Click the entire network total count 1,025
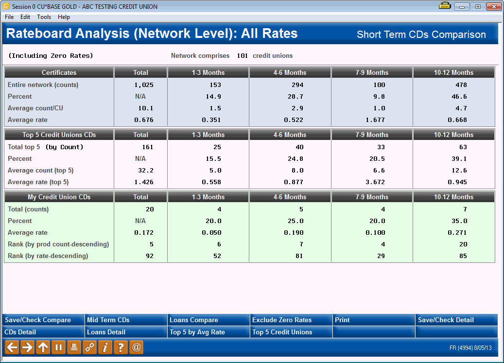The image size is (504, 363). (144, 85)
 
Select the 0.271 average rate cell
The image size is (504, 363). (457, 233)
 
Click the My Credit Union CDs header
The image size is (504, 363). (59, 197)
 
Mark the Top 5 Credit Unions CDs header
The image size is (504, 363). (59, 135)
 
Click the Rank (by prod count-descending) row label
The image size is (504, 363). (58, 244)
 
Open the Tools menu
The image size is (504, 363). (44, 17)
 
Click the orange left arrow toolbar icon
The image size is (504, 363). (12, 347)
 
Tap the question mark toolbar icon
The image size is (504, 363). (121, 347)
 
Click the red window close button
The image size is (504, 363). (493, 6)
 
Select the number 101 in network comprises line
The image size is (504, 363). (242, 56)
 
